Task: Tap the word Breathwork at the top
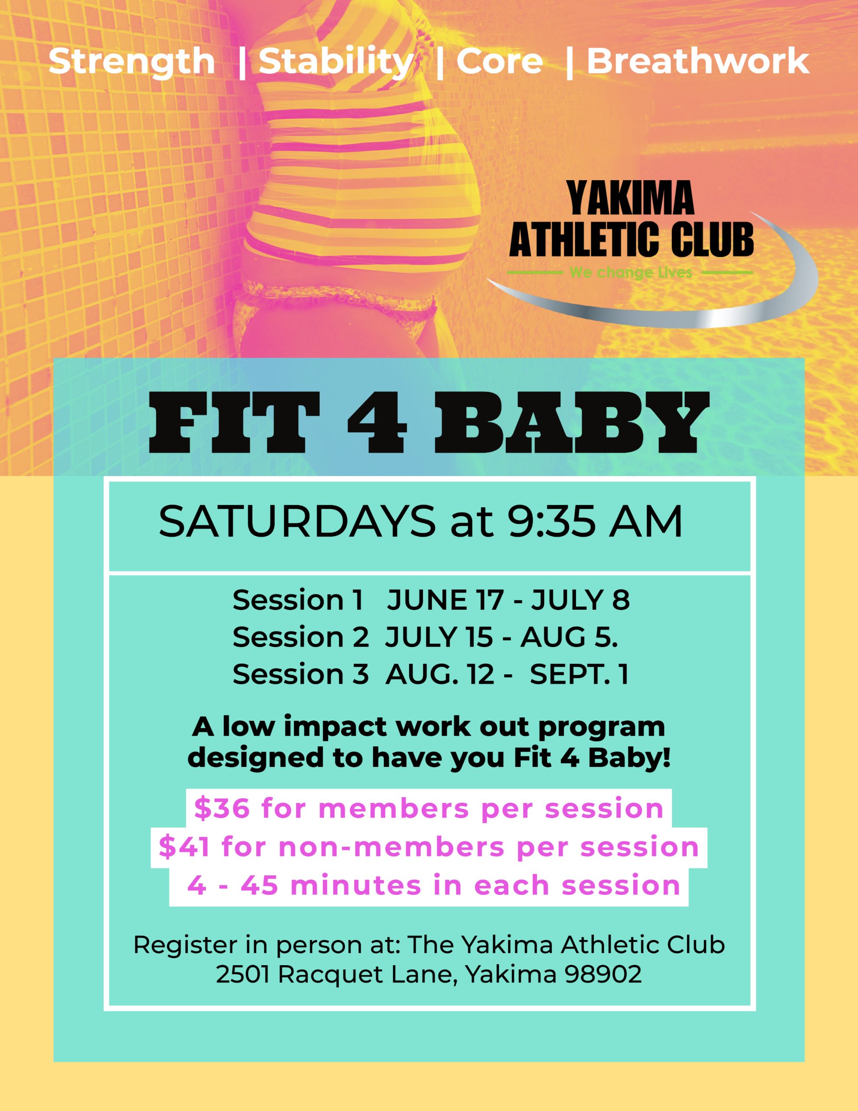(x=698, y=61)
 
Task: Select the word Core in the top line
(x=499, y=62)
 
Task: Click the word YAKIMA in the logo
(x=631, y=198)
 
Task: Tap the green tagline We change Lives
(x=631, y=273)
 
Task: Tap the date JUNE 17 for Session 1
(x=445, y=600)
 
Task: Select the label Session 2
(x=301, y=637)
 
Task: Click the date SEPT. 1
(x=579, y=674)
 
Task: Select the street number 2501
(x=242, y=975)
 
